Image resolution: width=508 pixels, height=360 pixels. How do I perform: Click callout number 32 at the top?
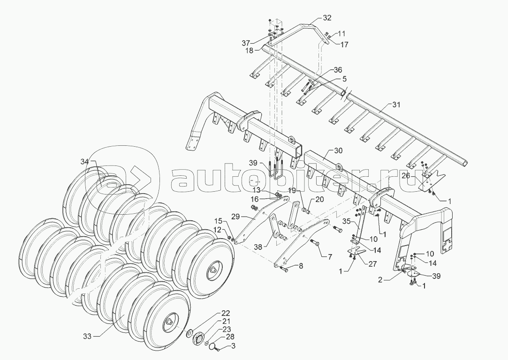[326, 18]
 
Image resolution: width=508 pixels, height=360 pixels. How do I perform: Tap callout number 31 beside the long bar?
[396, 105]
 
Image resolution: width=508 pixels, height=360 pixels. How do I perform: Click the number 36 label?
[338, 70]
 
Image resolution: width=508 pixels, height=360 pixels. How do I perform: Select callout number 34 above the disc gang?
[84, 161]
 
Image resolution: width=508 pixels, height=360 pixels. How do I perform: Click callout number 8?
[301, 266]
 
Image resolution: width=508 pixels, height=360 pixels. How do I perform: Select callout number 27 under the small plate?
[372, 263]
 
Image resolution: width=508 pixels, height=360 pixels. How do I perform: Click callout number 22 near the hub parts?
[226, 313]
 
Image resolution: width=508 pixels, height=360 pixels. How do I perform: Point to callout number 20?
[319, 199]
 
